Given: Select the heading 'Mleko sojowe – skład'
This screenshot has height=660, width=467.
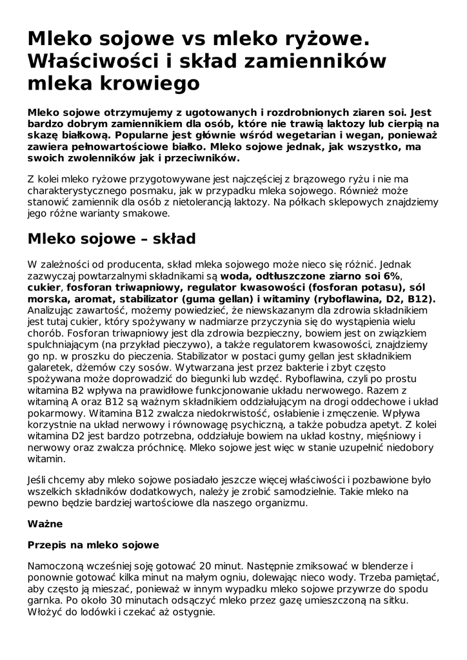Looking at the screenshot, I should tap(111, 238).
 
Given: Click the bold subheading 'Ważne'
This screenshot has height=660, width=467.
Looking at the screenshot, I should tap(45, 524).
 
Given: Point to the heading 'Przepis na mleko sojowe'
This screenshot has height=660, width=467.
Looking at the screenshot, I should tap(93, 545).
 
